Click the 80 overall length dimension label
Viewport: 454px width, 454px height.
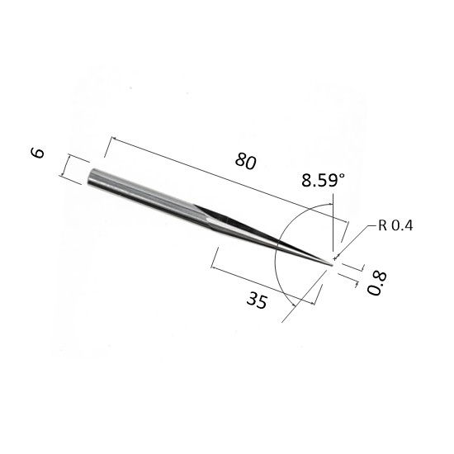coord(245,161)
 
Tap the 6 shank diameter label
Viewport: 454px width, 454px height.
coord(38,154)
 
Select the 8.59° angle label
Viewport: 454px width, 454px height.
coord(323,180)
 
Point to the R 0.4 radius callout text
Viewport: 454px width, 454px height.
coord(395,225)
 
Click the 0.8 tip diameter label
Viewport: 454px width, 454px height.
coord(376,283)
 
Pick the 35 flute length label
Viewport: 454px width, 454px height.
coord(257,300)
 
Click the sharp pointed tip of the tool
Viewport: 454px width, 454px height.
coord(332,265)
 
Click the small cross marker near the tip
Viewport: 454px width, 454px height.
coord(335,258)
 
